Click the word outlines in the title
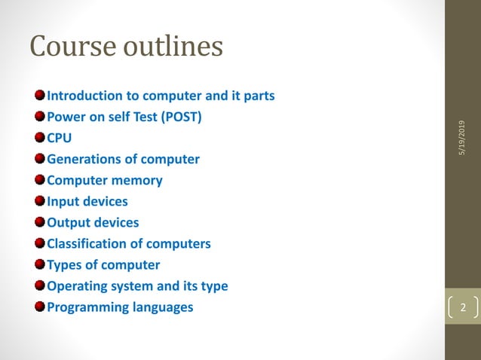170,47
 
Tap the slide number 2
463,307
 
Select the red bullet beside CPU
39,138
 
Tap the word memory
138,181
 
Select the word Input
62,202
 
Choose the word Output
66,223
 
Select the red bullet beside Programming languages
39,307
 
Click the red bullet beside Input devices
39,201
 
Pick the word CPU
60,139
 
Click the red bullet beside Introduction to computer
39,96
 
